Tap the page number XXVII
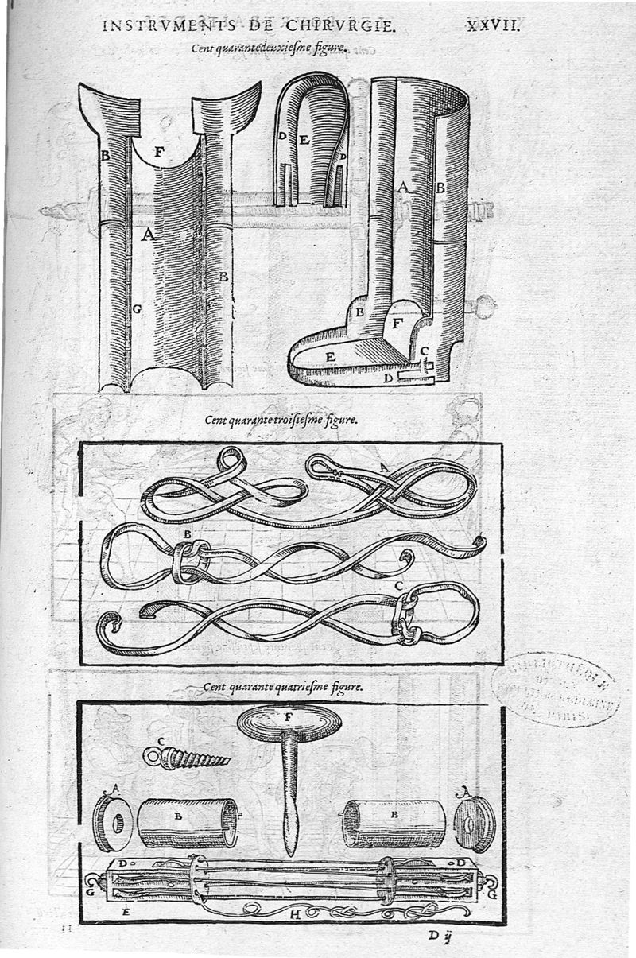pos(492,26)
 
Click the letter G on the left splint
pos(137,308)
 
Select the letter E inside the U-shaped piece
pos(304,137)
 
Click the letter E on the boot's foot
pos(329,357)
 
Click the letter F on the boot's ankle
pos(398,324)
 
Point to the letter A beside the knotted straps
pos(384,469)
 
